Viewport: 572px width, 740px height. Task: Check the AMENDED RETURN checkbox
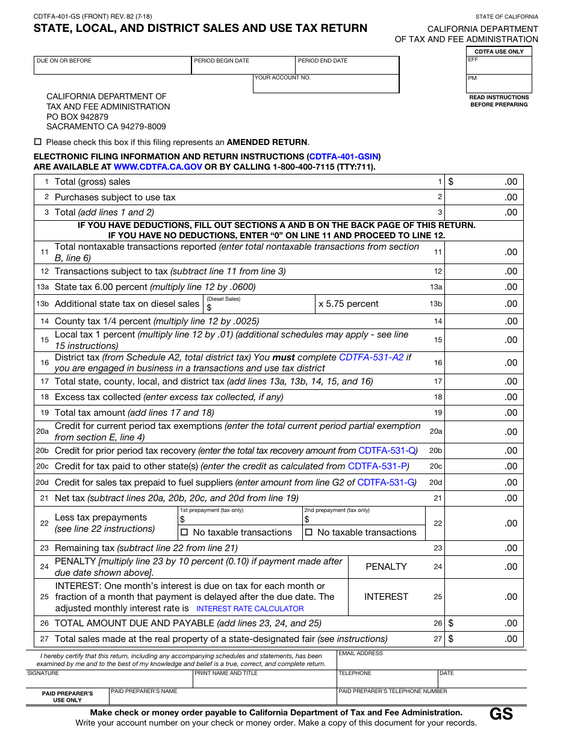[38, 142]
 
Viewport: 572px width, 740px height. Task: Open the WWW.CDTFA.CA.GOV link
[158, 167]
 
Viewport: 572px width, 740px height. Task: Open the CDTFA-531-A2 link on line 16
[371, 357]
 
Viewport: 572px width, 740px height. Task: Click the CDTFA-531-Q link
[387, 451]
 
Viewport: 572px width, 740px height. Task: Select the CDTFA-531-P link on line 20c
[378, 466]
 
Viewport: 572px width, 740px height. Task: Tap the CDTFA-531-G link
[386, 483]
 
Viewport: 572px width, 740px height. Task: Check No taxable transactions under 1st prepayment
[185, 532]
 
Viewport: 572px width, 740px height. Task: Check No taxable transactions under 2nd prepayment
[309, 532]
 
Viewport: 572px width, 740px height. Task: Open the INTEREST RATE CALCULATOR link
[250, 609]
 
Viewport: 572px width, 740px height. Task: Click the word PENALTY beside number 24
[386, 567]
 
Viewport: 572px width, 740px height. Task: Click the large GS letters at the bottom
[501, 714]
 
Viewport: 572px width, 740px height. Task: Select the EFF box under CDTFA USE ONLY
[499, 66]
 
